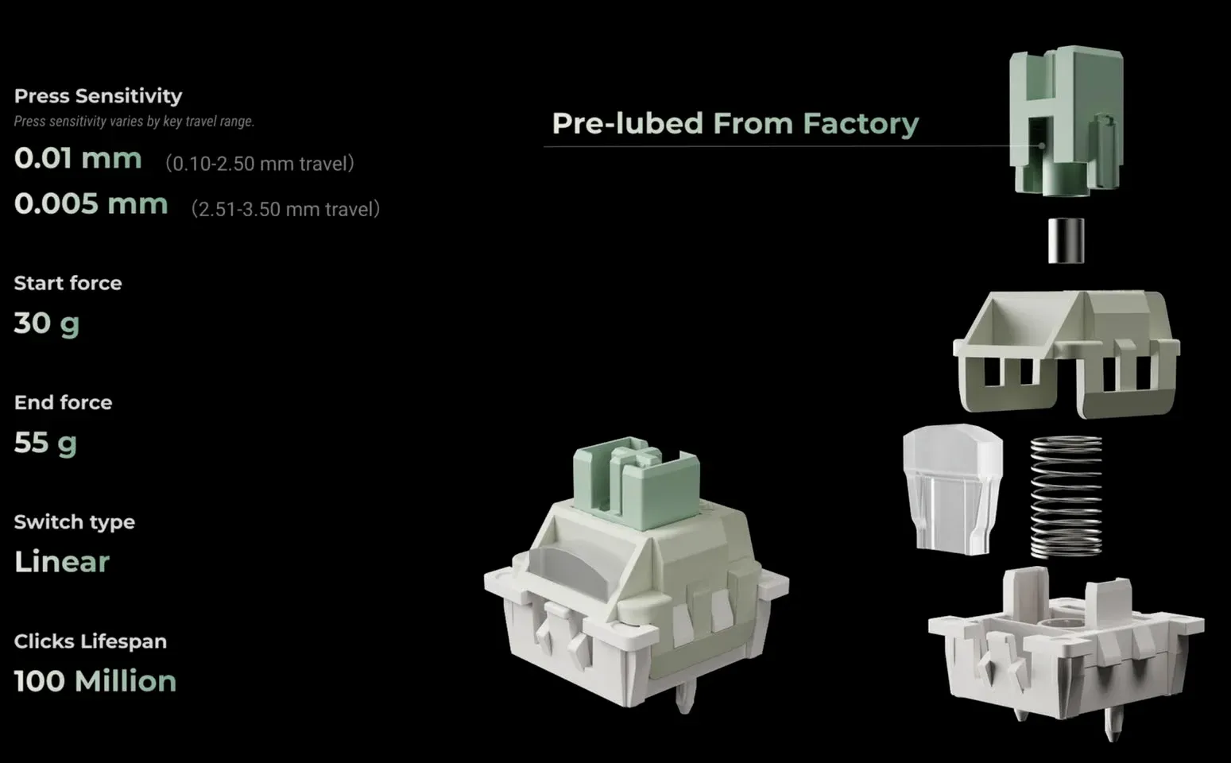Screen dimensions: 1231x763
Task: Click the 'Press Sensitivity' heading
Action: [98, 96]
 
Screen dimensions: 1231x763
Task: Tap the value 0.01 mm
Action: [78, 158]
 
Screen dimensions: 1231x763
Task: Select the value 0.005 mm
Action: [91, 204]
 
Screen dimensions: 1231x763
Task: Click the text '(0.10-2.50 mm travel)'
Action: [260, 164]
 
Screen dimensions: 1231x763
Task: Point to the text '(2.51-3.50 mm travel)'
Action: [286, 210]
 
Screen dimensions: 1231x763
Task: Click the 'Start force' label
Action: [68, 283]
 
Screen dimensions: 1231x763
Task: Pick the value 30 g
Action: [47, 323]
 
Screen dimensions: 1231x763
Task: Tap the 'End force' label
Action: [64, 402]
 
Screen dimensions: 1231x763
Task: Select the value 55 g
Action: [45, 443]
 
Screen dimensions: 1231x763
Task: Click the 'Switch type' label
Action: [75, 521]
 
